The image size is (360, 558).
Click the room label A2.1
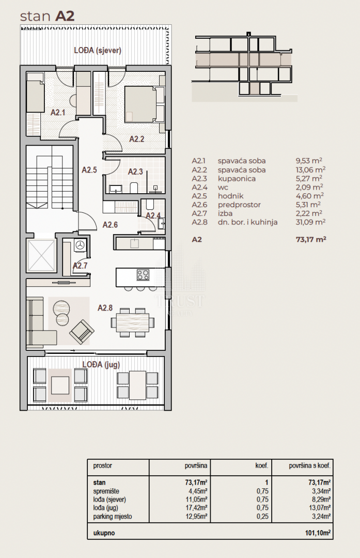pos(58,113)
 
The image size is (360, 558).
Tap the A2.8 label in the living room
pos(105,307)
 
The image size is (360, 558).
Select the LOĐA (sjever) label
pos(98,50)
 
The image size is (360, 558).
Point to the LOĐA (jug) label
pos(101,364)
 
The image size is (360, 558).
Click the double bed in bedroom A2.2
pos(140,104)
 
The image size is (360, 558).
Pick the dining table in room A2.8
pos(132,322)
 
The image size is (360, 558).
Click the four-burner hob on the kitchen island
pos(143,275)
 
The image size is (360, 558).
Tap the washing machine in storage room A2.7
pos(81,245)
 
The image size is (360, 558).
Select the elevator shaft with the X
pos(41,255)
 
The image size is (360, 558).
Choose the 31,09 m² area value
pos(310,222)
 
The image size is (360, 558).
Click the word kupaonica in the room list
pos(237,179)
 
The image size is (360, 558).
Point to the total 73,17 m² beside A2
pos(311,239)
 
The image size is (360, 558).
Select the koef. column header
pos(262,466)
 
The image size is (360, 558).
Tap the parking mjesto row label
pos(113,516)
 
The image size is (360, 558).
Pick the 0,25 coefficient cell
pos(262,516)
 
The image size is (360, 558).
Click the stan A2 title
pos(47,17)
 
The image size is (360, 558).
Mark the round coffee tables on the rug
pos(62,313)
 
